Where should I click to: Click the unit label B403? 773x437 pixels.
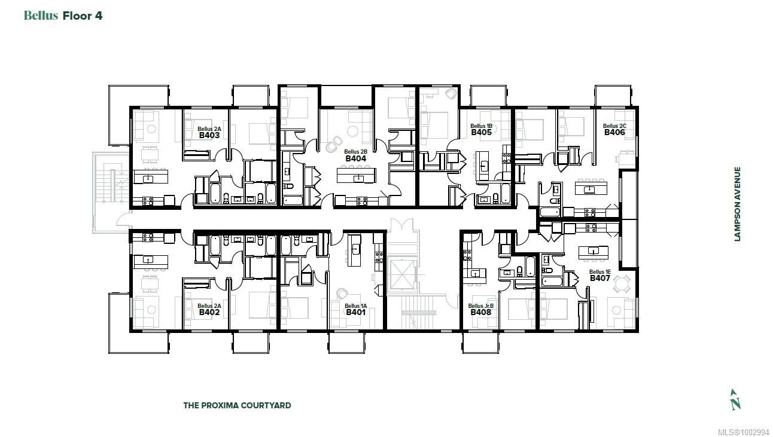coord(209,136)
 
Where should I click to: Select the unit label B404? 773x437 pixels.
coord(355,159)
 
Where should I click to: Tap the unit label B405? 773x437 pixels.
coord(481,133)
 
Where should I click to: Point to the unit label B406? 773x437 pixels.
coord(614,133)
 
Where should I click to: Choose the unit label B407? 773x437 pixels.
coord(599,278)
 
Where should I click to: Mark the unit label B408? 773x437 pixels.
coord(480,312)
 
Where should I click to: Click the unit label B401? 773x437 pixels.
coord(355,312)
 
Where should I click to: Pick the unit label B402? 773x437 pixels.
coord(209,312)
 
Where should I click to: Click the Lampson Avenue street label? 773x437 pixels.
coord(738,204)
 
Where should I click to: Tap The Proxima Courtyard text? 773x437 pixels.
coord(237,405)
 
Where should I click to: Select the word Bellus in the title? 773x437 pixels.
coord(41,16)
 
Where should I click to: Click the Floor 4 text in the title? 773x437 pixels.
coord(83,16)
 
